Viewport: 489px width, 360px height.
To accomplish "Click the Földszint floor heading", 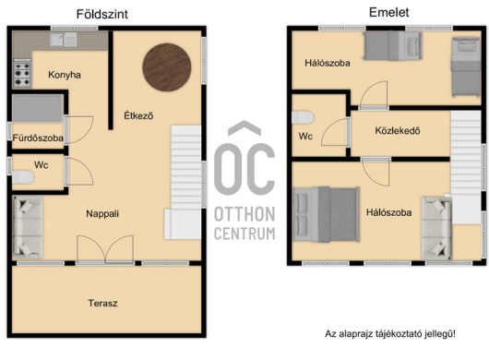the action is click(x=102, y=15).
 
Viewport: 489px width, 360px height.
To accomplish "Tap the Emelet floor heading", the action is click(x=388, y=13).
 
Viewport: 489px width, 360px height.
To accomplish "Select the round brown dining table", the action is click(x=166, y=67).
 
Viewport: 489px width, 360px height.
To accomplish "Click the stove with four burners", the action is click(x=22, y=73).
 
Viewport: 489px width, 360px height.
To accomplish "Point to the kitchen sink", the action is click(x=64, y=40).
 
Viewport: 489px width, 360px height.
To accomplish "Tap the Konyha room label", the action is click(x=65, y=75).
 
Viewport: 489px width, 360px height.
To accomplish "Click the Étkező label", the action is click(x=138, y=115).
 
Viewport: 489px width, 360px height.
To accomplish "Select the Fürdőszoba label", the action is click(x=38, y=138).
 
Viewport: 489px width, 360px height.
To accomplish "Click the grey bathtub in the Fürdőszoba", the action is click(x=38, y=108).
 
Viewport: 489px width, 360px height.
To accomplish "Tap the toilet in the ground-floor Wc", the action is click(x=23, y=177).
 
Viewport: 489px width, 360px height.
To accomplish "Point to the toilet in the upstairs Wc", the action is click(x=303, y=117).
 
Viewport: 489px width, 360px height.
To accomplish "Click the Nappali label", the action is click(x=102, y=213).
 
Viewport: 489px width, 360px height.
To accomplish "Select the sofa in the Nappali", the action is click(x=28, y=227).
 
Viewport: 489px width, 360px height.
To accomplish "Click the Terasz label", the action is click(x=102, y=303).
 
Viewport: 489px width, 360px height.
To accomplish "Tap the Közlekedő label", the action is click(x=398, y=130).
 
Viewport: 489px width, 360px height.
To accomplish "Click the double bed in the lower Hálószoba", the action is click(x=327, y=215).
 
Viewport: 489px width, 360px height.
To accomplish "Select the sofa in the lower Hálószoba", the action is click(x=436, y=228).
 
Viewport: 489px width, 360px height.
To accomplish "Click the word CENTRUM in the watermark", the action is click(x=244, y=234).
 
